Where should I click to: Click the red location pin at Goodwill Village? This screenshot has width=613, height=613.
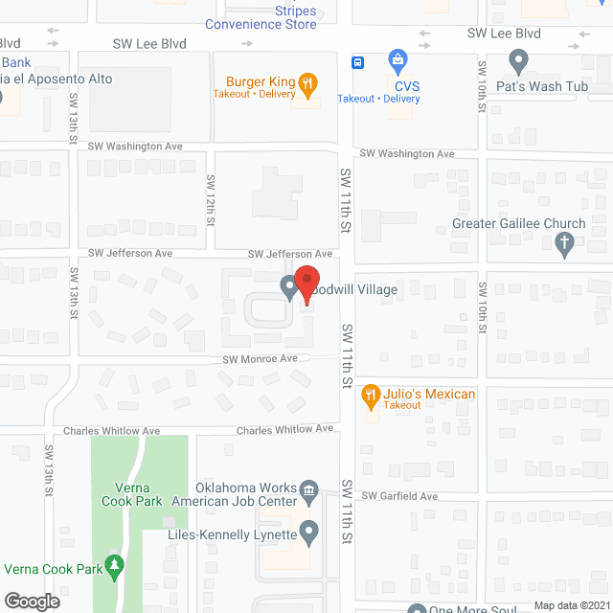click(x=306, y=284)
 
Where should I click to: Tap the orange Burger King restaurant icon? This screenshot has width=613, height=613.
click(x=306, y=83)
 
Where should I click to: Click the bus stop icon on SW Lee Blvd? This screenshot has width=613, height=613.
click(x=357, y=63)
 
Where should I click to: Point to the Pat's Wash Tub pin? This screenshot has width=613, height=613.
click(x=518, y=63)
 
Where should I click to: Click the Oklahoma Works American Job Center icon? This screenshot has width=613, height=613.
click(x=309, y=494)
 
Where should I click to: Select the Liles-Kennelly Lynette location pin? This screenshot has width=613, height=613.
click(x=308, y=530)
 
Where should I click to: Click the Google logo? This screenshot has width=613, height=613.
click(x=31, y=601)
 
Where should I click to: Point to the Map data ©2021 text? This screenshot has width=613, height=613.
click(x=571, y=605)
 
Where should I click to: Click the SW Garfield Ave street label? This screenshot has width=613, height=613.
click(x=399, y=496)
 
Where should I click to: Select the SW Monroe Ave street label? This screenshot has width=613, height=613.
click(x=260, y=359)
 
